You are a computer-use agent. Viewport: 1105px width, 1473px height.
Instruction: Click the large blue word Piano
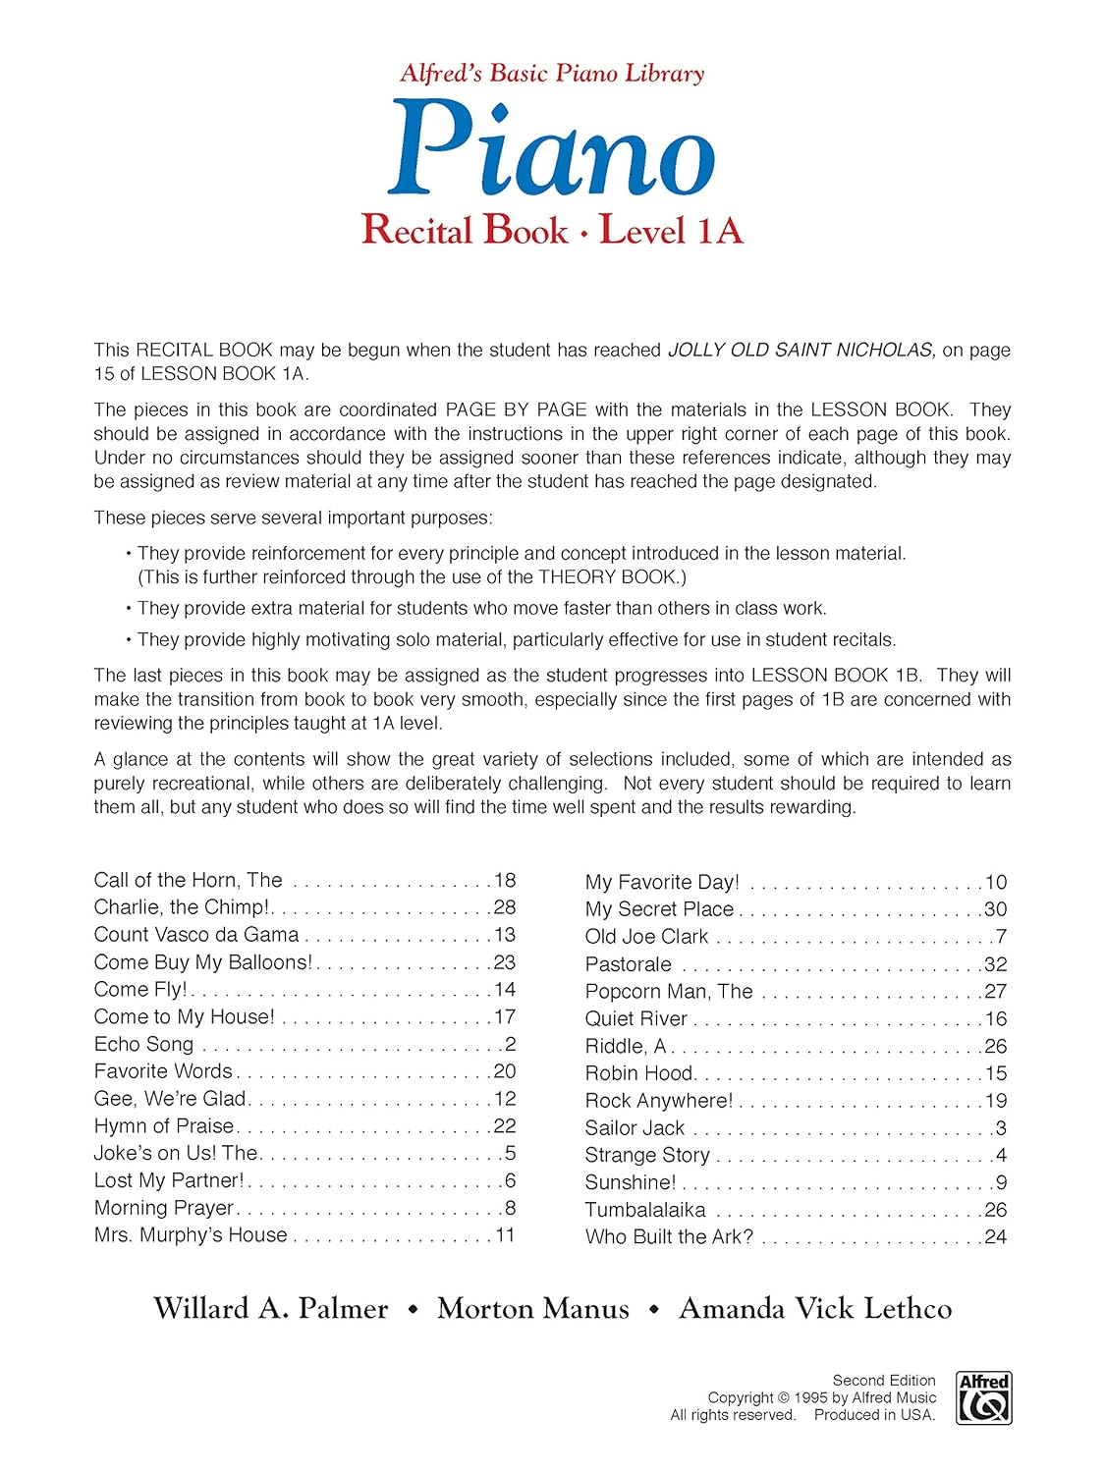pos(551,150)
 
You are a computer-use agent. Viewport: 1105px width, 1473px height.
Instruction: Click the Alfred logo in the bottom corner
pos(983,1398)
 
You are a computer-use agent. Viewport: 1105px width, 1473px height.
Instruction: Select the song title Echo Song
pos(143,1044)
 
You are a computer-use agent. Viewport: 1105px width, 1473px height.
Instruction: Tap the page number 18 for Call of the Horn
pos(505,880)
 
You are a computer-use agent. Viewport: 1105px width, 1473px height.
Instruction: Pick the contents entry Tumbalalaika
pos(645,1210)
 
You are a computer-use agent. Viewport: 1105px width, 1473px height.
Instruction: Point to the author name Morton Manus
pos(533,1308)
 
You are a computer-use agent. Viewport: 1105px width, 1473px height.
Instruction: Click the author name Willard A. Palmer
pos(271,1308)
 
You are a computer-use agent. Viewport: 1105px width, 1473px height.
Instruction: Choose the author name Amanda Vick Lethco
pos(815,1308)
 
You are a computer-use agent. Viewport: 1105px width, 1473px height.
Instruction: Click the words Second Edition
pos(884,1380)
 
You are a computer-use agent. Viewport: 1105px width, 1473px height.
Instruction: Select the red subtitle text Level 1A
pos(671,230)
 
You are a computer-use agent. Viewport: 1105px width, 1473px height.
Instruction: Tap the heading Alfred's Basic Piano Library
pos(552,73)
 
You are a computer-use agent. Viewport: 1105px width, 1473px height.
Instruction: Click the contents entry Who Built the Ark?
pos(669,1237)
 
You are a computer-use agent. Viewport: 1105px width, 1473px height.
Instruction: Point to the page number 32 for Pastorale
pos(996,964)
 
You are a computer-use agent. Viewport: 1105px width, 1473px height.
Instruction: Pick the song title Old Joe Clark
pos(646,937)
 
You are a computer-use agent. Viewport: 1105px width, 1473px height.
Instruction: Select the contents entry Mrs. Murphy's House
pos(191,1235)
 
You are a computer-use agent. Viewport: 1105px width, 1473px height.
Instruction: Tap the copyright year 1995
pos(810,1397)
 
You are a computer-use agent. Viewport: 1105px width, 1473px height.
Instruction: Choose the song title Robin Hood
pos(639,1073)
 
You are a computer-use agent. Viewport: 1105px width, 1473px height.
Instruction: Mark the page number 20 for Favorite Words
pos(505,1071)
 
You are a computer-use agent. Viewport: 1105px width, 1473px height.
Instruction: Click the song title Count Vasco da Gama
pos(196,935)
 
